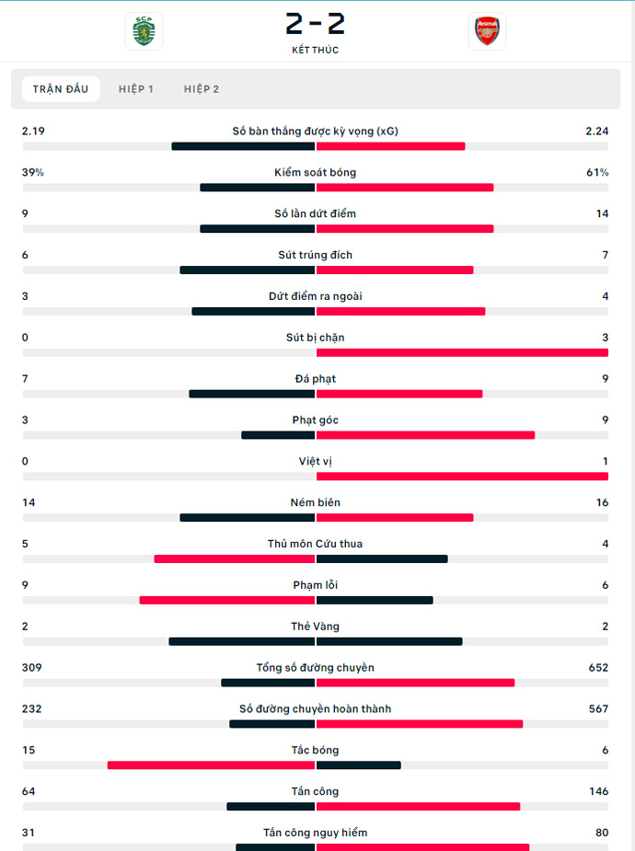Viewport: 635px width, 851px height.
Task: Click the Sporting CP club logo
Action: pos(144,31)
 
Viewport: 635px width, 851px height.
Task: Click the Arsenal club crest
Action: pos(486,31)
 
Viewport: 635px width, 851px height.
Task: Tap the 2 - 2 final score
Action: pos(315,23)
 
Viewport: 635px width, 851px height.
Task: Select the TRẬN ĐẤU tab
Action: pos(61,89)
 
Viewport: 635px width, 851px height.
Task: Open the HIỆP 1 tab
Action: pos(136,89)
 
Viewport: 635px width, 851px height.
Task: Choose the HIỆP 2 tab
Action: pos(202,89)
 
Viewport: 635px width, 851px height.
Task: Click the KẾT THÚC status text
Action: pos(315,51)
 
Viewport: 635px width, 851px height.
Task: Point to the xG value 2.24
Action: pos(596,132)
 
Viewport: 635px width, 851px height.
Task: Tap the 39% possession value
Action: pos(33,173)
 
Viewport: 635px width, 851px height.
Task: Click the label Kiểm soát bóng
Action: pos(315,173)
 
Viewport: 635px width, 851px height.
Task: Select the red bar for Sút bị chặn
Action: pos(462,352)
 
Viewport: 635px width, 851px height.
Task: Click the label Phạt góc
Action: pos(315,420)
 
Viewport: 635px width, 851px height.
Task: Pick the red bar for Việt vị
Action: pos(462,477)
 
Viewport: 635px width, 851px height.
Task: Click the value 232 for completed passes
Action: pos(32,709)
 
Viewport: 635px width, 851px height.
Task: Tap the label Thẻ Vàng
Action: pos(315,627)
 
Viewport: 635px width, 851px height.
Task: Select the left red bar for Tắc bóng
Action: pos(211,765)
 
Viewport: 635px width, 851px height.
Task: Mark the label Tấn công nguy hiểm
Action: pos(315,834)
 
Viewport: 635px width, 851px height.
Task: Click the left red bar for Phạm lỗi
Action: pos(227,601)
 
